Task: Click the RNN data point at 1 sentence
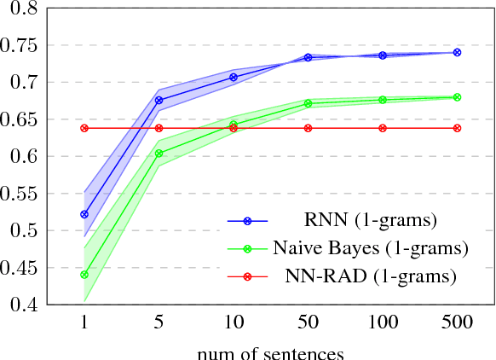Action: click(x=84, y=214)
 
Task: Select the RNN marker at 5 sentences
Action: click(x=159, y=101)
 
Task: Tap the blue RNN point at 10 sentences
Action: click(x=234, y=78)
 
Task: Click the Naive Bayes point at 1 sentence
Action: click(x=84, y=275)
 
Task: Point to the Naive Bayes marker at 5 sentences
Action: click(x=159, y=154)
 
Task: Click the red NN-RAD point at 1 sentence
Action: click(x=84, y=128)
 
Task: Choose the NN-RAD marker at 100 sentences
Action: click(x=383, y=128)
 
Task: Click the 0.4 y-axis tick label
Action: click(x=27, y=305)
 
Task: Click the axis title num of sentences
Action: click(x=270, y=350)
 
